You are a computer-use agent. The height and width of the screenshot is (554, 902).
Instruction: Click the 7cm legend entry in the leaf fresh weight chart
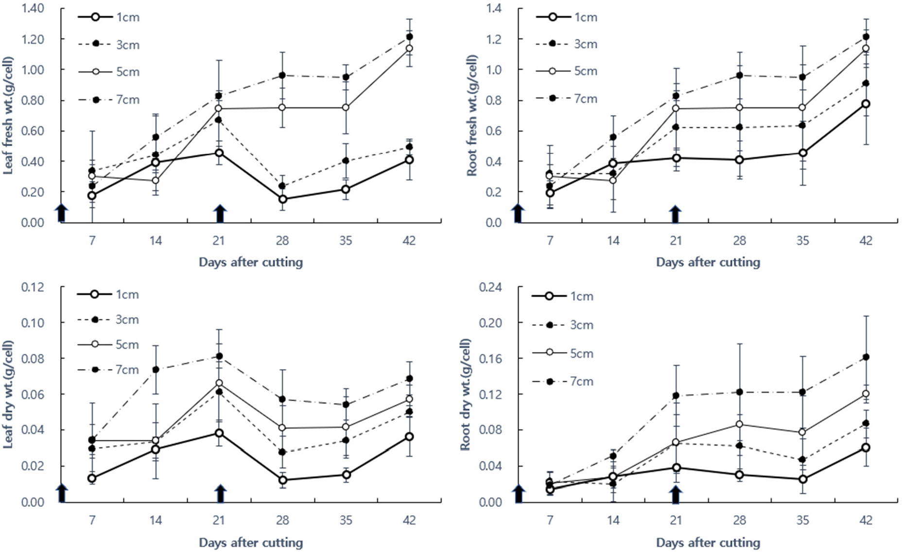[x=108, y=100]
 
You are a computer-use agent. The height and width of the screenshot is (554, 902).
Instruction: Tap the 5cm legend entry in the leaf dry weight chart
[x=108, y=345]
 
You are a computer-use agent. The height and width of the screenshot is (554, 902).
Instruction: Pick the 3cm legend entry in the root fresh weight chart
[x=567, y=44]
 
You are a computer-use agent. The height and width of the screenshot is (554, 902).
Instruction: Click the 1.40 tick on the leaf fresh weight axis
[x=33, y=8]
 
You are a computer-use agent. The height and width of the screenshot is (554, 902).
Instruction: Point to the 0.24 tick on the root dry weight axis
[x=491, y=287]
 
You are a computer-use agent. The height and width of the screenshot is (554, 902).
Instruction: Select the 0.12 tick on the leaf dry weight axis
[x=33, y=287]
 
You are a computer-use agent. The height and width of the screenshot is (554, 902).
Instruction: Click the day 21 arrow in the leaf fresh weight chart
[x=220, y=213]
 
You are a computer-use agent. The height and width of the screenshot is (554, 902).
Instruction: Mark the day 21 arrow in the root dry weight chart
[x=675, y=494]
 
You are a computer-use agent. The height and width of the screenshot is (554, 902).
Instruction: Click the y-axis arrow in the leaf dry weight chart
[x=61, y=493]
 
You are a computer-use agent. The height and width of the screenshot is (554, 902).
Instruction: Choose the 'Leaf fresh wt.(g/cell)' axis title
[x=8, y=116]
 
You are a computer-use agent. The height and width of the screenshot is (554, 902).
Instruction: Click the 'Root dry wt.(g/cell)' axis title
[x=466, y=394]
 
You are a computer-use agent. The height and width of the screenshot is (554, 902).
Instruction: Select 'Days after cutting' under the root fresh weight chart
[x=708, y=262]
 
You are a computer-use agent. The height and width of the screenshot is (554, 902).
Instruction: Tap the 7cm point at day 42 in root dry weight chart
[x=866, y=357]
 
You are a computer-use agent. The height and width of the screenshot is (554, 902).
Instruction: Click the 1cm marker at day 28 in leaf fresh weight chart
[x=282, y=199]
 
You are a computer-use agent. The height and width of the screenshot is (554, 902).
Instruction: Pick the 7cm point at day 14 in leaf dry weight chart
[x=156, y=369]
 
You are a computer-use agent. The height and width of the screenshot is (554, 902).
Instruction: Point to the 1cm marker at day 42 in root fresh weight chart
[x=866, y=104]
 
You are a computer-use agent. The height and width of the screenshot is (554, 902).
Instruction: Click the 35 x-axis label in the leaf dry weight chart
[x=346, y=520]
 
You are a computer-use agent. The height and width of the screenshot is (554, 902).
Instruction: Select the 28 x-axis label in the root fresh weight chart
[x=739, y=240]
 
